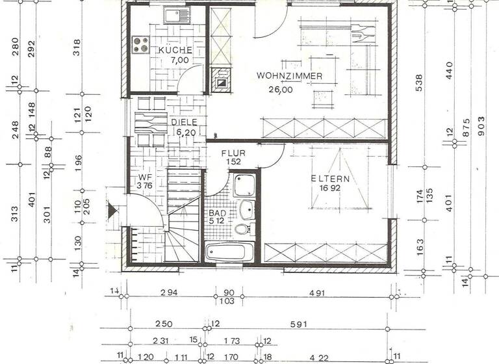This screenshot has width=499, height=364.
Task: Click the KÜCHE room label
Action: pos(175,50)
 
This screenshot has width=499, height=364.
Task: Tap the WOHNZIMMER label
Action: pos(289,77)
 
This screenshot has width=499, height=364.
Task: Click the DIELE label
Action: pos(184,122)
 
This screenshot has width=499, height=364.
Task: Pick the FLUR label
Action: pos(232,153)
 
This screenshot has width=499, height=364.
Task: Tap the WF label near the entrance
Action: pos(144,177)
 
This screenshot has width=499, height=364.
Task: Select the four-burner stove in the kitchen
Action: pos(141,44)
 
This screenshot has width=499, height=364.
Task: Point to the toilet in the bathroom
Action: pos(242,229)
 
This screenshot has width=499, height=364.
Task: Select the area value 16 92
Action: pos(329,189)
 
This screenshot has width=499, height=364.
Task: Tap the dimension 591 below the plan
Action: pos(298,324)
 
